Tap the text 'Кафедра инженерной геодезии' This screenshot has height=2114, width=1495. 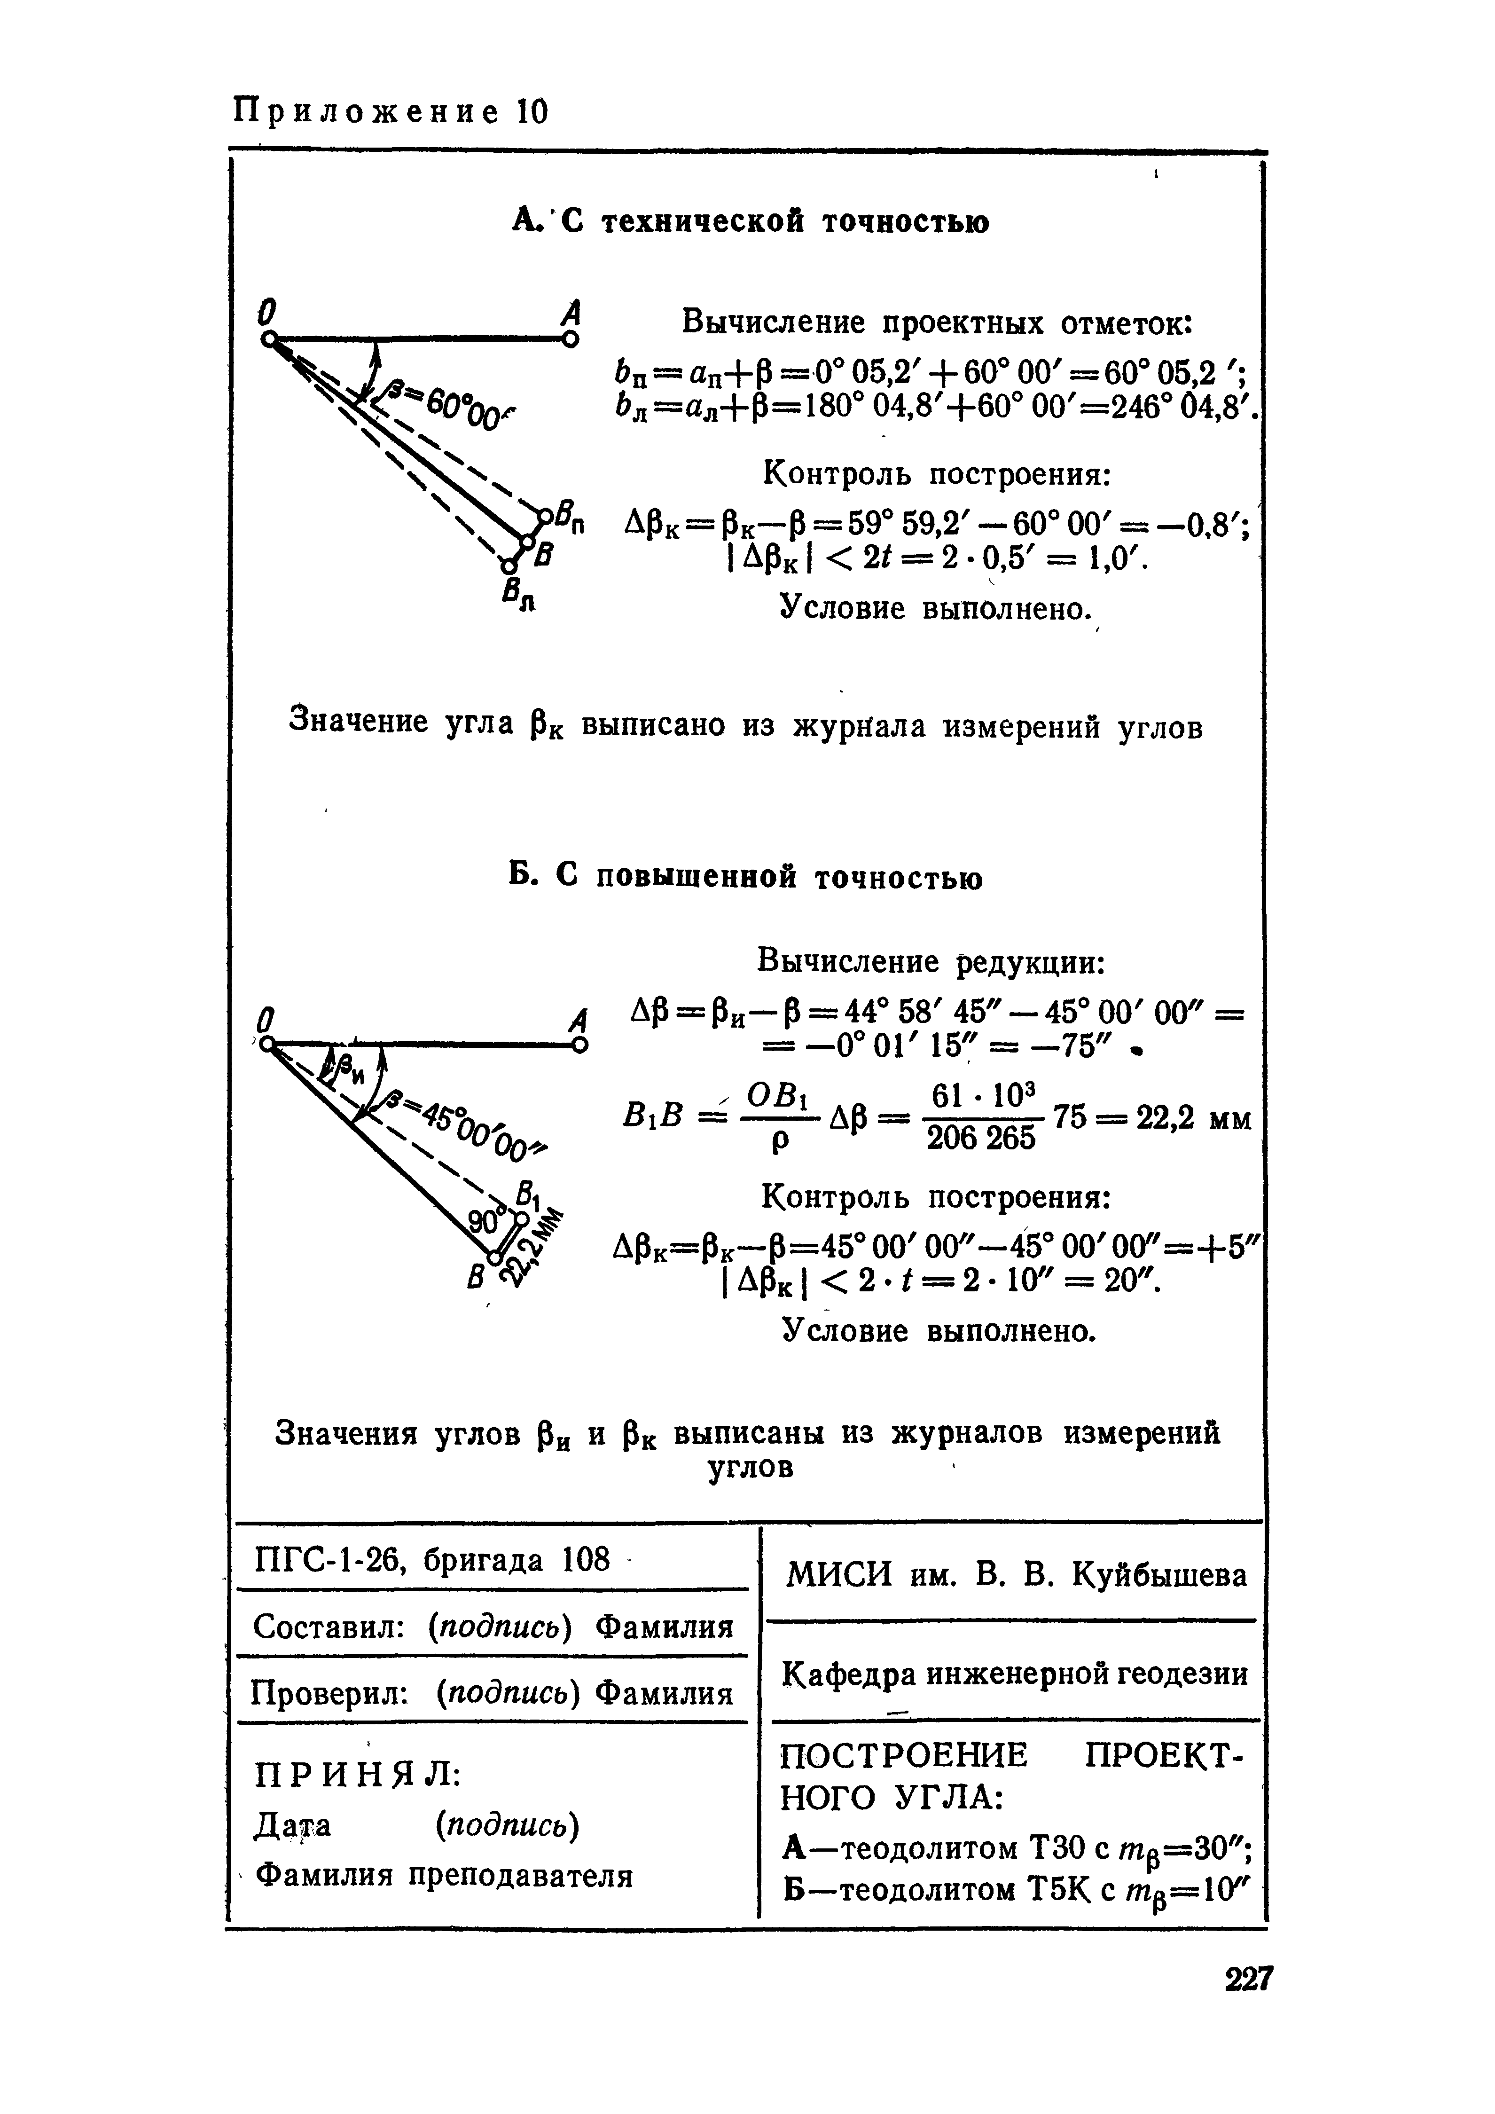click(1015, 1673)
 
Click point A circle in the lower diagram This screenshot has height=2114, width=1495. click(579, 1045)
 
